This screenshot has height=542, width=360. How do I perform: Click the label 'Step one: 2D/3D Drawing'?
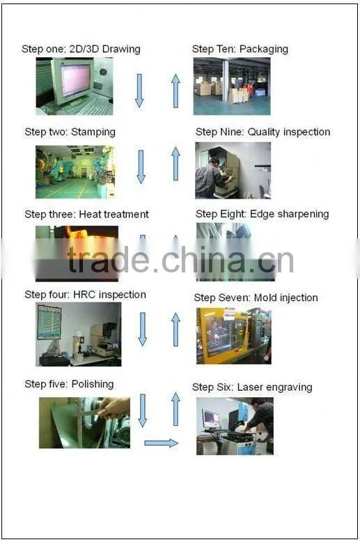point(81,49)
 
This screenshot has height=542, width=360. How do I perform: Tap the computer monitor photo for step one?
point(75,86)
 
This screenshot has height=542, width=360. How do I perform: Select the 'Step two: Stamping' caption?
point(70,132)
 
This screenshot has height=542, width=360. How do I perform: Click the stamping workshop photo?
point(76,172)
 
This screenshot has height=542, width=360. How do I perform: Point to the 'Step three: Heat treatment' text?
point(86,215)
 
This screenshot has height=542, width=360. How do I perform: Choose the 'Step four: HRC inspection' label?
point(85,295)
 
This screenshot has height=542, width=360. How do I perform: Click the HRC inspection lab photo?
point(79,334)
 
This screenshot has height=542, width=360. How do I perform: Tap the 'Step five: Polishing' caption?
point(69,384)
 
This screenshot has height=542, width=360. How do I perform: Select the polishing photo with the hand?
point(85,423)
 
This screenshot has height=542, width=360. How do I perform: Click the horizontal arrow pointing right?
point(161,443)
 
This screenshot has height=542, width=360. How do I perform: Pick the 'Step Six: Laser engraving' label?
point(252,387)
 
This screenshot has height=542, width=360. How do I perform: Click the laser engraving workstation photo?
point(235,426)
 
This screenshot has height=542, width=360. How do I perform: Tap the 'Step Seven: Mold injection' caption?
point(256,298)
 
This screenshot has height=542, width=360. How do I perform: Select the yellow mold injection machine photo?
point(234,336)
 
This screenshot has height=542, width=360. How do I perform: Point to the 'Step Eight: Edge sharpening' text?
point(263,215)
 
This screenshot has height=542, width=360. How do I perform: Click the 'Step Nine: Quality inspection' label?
point(263,132)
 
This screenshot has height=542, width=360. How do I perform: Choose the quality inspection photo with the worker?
point(233,171)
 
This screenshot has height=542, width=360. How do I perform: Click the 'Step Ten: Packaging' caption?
point(240,49)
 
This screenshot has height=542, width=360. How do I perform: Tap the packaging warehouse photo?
point(232,86)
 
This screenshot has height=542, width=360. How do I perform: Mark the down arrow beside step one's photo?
point(139,91)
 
